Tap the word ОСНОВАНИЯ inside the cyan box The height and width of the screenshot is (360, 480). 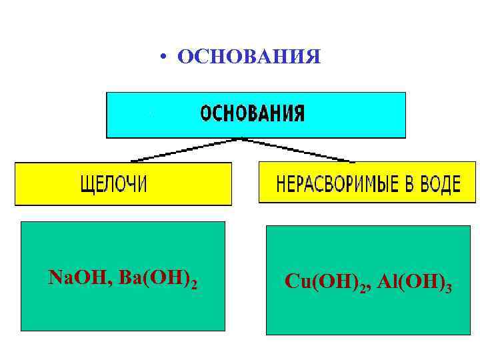tap(253, 114)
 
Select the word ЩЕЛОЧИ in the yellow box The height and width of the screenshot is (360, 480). tap(113, 184)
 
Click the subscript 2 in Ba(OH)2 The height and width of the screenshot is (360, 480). tap(194, 284)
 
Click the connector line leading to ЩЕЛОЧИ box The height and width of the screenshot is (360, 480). tap(187, 150)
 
